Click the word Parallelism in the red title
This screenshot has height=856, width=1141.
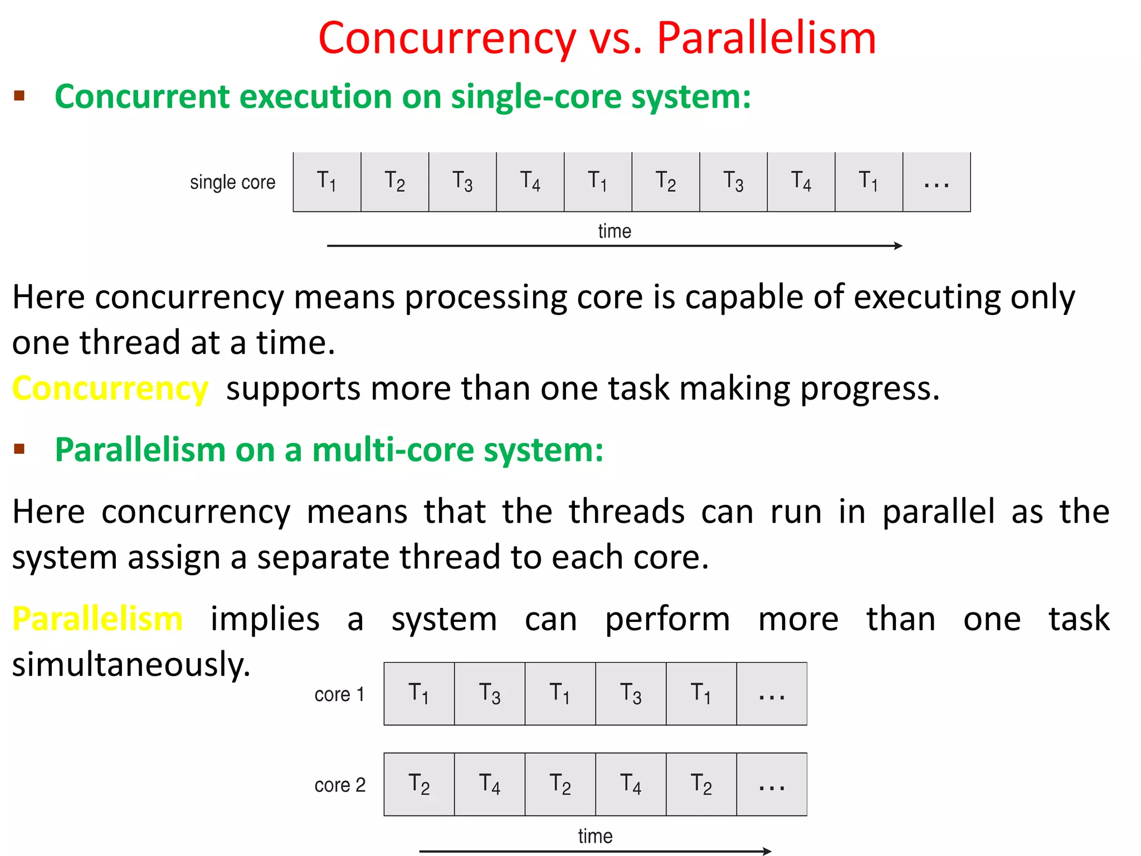[767, 38]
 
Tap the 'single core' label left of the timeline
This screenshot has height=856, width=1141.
[232, 182]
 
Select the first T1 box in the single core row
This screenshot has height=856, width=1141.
[327, 182]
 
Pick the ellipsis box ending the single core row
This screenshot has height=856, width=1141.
[937, 182]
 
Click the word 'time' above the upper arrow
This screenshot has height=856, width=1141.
[615, 231]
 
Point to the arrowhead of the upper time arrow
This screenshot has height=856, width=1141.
[898, 246]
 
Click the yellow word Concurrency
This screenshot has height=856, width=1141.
[110, 388]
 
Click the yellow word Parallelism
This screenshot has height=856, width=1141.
[98, 619]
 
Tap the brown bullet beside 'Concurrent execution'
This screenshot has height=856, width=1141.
[19, 96]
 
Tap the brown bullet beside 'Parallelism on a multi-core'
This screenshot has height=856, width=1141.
[19, 449]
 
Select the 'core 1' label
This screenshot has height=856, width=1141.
[339, 694]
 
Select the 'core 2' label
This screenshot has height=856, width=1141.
[340, 785]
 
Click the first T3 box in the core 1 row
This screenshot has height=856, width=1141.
[490, 694]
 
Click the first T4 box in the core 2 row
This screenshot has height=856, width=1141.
[490, 785]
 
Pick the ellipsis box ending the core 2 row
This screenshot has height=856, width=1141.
[772, 785]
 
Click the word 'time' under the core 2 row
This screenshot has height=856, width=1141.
[595, 836]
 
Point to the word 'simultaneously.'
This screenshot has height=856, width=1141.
[131, 664]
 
